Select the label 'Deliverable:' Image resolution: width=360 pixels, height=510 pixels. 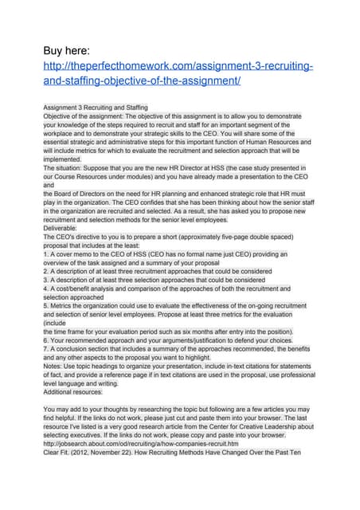(x=61, y=227)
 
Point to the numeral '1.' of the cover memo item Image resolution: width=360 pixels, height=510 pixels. (x=46, y=255)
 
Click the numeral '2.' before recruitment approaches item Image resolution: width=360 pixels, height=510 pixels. (x=46, y=272)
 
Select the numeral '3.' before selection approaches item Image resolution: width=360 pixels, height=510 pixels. (x=46, y=280)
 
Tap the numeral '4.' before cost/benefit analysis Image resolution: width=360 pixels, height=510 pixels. (x=46, y=289)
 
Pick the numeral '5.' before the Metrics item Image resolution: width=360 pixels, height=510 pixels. (x=46, y=307)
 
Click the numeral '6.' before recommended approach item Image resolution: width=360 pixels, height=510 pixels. (x=46, y=340)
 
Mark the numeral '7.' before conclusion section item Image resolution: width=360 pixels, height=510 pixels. (x=46, y=349)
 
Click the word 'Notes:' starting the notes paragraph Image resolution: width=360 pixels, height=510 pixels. (x=53, y=367)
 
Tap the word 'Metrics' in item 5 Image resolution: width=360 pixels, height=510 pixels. (x=63, y=307)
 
